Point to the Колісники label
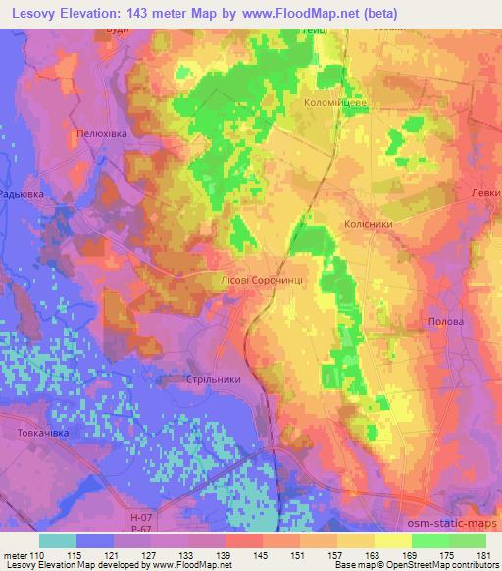370,225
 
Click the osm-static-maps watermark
450,527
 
